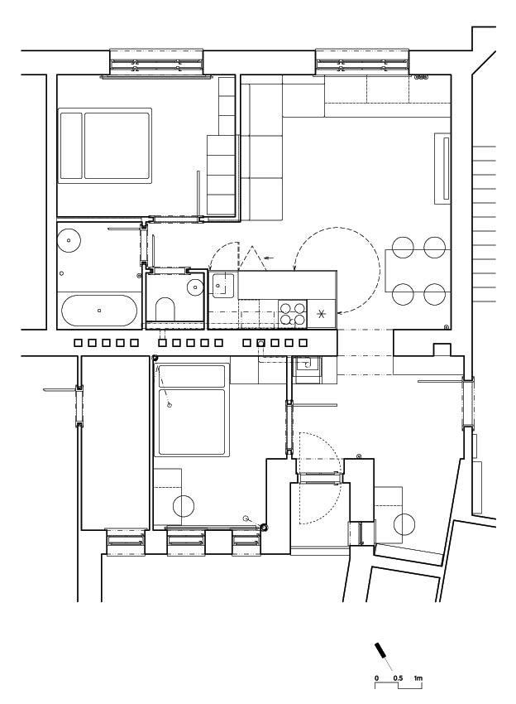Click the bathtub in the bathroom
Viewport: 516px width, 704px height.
coord(99,311)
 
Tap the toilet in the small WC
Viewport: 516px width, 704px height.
coord(165,309)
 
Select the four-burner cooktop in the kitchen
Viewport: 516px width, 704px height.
coord(293,313)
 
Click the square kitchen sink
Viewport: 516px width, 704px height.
coord(222,285)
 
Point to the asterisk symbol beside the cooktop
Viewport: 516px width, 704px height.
coord(321,314)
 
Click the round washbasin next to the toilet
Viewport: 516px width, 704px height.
coord(195,287)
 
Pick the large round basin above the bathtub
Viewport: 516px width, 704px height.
coord(69,241)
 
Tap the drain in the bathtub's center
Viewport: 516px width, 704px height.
coord(99,311)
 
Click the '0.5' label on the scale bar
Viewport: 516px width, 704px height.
coord(398,678)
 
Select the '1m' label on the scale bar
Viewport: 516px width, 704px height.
coord(418,678)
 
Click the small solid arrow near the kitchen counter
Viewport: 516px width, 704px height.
coord(269,258)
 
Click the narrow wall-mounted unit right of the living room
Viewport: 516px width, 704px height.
coord(442,168)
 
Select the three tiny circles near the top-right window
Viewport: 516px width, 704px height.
coord(422,77)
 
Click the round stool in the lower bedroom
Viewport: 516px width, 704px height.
coord(184,506)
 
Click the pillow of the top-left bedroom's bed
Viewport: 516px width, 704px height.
coord(71,146)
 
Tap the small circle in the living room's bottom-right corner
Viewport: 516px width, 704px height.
coord(446,326)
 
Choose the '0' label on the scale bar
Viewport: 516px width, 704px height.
coord(376,678)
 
